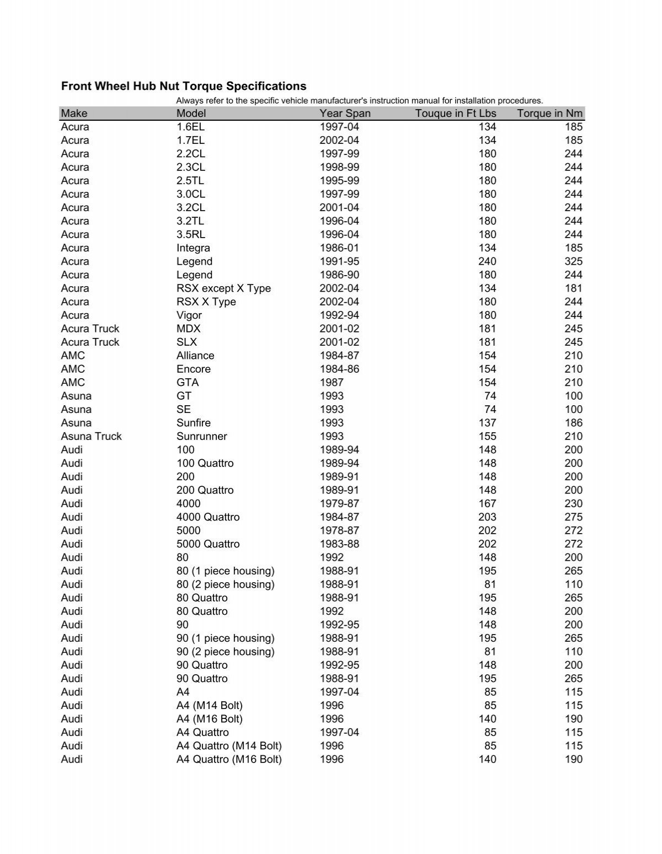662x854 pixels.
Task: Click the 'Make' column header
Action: (74, 113)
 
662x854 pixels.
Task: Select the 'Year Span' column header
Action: (345, 113)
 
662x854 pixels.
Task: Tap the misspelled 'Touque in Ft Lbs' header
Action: (455, 113)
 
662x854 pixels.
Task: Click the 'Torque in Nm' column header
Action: (549, 113)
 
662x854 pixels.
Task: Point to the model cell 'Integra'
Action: (193, 248)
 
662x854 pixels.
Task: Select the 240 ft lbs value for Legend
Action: (487, 261)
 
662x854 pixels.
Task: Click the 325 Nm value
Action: (573, 261)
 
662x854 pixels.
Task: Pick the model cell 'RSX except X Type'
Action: (223, 288)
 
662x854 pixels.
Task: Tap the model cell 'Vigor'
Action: (189, 315)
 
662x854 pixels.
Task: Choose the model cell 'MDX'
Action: (188, 329)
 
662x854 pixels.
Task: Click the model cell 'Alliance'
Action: (195, 356)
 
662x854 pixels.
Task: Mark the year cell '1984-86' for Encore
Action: (339, 369)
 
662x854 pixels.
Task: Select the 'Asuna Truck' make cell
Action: (91, 436)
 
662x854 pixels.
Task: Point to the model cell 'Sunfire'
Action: (194, 423)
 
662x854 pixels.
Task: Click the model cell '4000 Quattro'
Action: (208, 517)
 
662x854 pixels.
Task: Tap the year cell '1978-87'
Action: (339, 530)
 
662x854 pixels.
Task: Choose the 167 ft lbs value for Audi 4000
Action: (487, 503)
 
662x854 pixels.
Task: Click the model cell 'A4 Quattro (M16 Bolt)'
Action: (229, 759)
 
